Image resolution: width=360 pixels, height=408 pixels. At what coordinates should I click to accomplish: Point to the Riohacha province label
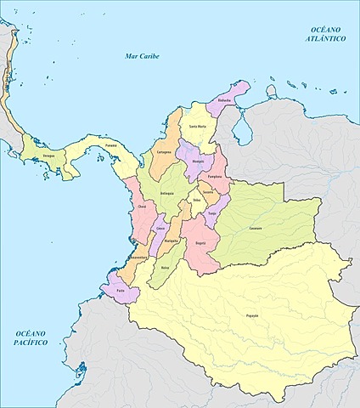[224, 99]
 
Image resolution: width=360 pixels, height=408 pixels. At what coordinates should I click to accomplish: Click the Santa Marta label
[197, 127]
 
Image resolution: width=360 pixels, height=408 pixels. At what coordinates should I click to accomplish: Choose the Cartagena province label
[165, 151]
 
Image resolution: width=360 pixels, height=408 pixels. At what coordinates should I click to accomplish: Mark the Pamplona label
[216, 177]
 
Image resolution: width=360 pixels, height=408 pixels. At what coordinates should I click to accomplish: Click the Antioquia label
[167, 193]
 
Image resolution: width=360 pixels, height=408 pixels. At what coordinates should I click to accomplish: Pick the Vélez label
[197, 201]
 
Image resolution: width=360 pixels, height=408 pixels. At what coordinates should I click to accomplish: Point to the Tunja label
[211, 213]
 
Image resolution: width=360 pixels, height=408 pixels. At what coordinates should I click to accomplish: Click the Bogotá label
[200, 242]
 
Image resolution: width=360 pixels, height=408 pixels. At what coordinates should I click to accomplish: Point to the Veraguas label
[52, 156]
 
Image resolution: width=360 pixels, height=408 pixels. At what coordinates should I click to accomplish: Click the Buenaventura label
[137, 257]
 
